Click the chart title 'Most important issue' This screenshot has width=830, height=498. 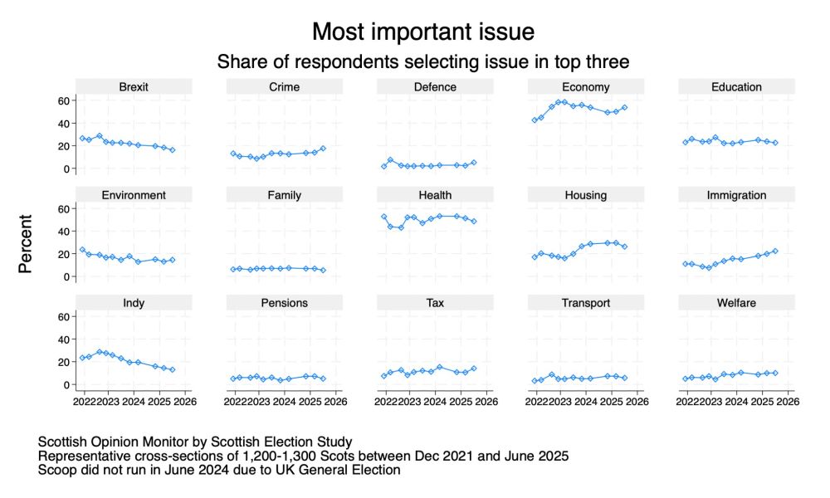[422, 32]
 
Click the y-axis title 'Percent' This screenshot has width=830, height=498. [26, 244]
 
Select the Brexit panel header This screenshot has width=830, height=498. [133, 86]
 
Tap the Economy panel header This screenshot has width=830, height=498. [586, 86]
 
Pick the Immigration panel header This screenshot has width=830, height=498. [736, 195]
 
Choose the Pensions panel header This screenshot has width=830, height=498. [284, 303]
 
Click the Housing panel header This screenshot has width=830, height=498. [586, 195]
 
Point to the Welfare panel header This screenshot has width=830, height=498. [736, 303]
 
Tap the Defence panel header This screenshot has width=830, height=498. [435, 86]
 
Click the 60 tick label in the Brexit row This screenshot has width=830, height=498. [62, 100]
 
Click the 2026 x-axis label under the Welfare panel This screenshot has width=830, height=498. [788, 403]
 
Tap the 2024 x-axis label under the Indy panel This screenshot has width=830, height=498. [133, 403]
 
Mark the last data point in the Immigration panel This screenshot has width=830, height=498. [775, 251]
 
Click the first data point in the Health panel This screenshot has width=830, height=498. [383, 217]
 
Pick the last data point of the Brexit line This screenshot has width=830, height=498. [172, 149]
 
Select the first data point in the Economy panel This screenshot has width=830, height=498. [535, 120]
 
